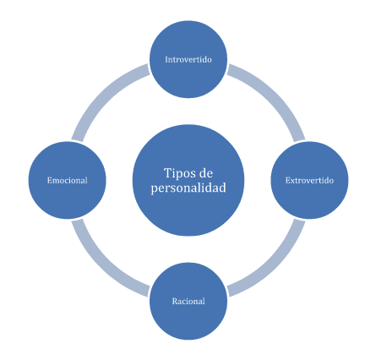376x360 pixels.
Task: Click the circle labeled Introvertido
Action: (x=188, y=59)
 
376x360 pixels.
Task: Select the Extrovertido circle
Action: (x=309, y=180)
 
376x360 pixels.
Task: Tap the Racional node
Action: (x=188, y=301)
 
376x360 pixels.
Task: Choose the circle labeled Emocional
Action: (x=68, y=180)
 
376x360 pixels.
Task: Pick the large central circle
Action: (x=188, y=180)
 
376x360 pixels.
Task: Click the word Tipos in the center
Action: (x=176, y=173)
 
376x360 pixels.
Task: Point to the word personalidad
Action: (x=188, y=188)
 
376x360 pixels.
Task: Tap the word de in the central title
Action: (x=205, y=173)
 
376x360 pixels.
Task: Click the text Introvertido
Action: (x=188, y=59)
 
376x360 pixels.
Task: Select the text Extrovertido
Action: (x=309, y=180)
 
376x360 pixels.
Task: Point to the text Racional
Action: (x=188, y=301)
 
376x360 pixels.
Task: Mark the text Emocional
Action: (x=68, y=180)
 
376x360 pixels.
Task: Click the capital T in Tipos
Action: (x=168, y=173)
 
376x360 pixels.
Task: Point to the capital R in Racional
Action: (x=175, y=302)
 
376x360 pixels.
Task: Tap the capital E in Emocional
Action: (x=50, y=181)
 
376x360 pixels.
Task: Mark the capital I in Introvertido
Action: (x=167, y=60)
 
